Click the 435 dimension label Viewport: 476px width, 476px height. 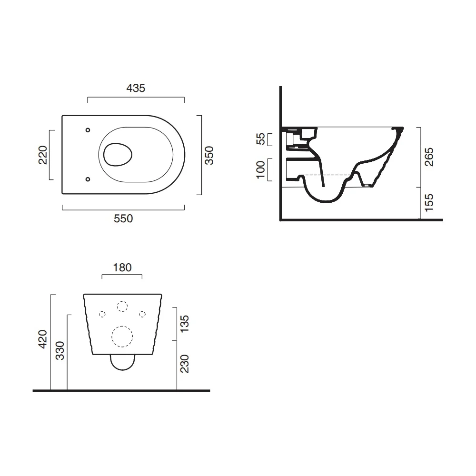coord(136,88)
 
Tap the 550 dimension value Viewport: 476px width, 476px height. coord(123,218)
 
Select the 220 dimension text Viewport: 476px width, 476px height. coord(43,155)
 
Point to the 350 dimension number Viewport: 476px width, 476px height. coord(209,156)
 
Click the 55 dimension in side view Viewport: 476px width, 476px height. coord(261,139)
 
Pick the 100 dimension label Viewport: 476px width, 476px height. coord(261,170)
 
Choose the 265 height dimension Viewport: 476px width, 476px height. coord(429,157)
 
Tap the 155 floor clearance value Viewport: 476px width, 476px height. coord(429,203)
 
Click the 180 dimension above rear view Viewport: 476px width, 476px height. coord(122,268)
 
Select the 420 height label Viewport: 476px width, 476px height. coord(43,339)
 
